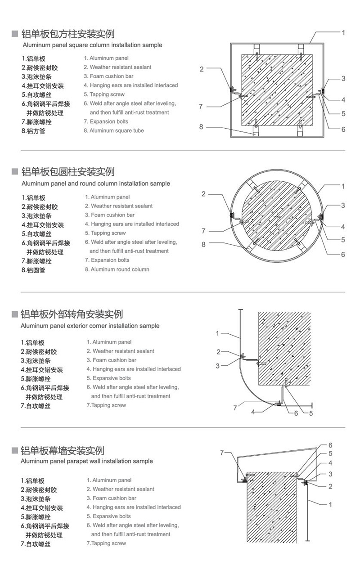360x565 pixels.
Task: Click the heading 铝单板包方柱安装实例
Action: point(67,34)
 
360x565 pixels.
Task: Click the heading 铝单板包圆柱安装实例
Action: point(67,172)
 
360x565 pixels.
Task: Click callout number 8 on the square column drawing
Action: point(202,127)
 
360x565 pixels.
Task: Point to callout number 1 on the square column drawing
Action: point(343,33)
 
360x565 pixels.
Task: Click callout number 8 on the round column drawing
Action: point(203,245)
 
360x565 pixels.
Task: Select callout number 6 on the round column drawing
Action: point(343,254)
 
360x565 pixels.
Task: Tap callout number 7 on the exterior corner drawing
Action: point(235,408)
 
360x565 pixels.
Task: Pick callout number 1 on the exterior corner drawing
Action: point(217,333)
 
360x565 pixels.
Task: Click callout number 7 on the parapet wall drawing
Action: point(222,453)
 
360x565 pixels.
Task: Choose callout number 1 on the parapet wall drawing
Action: point(331,505)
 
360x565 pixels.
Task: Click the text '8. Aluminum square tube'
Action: point(113,131)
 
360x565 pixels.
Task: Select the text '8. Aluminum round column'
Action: point(117,269)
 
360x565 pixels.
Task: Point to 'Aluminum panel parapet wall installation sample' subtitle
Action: point(87,461)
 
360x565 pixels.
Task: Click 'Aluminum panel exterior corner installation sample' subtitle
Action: point(90,326)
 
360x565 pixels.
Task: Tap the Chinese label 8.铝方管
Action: point(33,131)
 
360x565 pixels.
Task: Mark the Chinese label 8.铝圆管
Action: point(33,270)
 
